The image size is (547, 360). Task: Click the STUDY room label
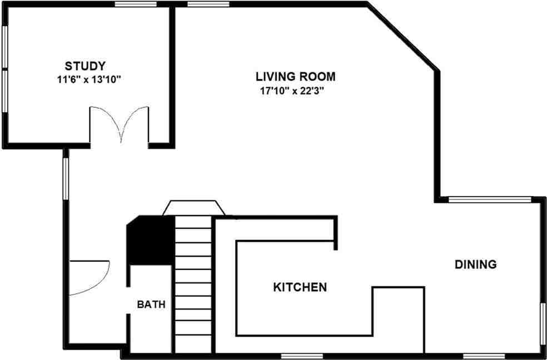[85, 66]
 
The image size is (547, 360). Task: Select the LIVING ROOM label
[295, 76]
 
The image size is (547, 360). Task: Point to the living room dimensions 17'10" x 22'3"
[292, 90]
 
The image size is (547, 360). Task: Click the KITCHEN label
[300, 287]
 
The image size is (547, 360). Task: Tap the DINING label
[475, 264]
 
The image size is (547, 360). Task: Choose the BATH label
[151, 304]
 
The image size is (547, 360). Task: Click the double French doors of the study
[120, 124]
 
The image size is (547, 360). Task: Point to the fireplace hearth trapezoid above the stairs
[193, 208]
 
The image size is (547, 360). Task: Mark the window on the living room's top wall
[208, 4]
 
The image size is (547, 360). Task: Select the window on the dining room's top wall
[490, 199]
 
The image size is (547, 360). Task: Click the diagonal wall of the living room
[403, 38]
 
